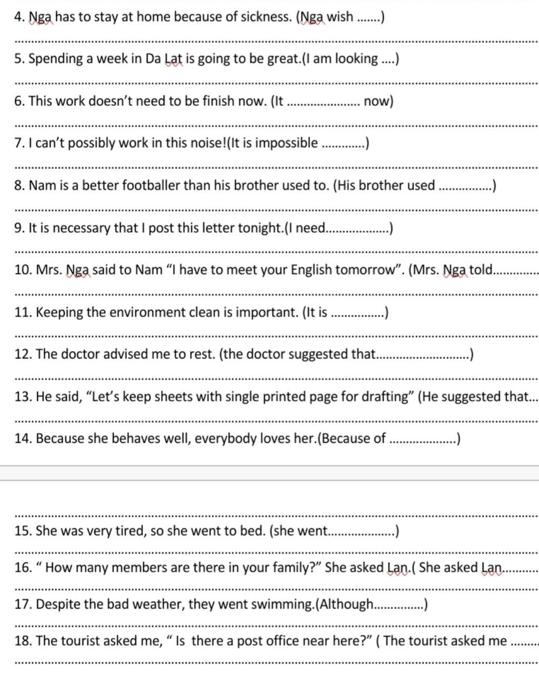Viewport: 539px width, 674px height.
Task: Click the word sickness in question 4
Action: coord(265,17)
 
